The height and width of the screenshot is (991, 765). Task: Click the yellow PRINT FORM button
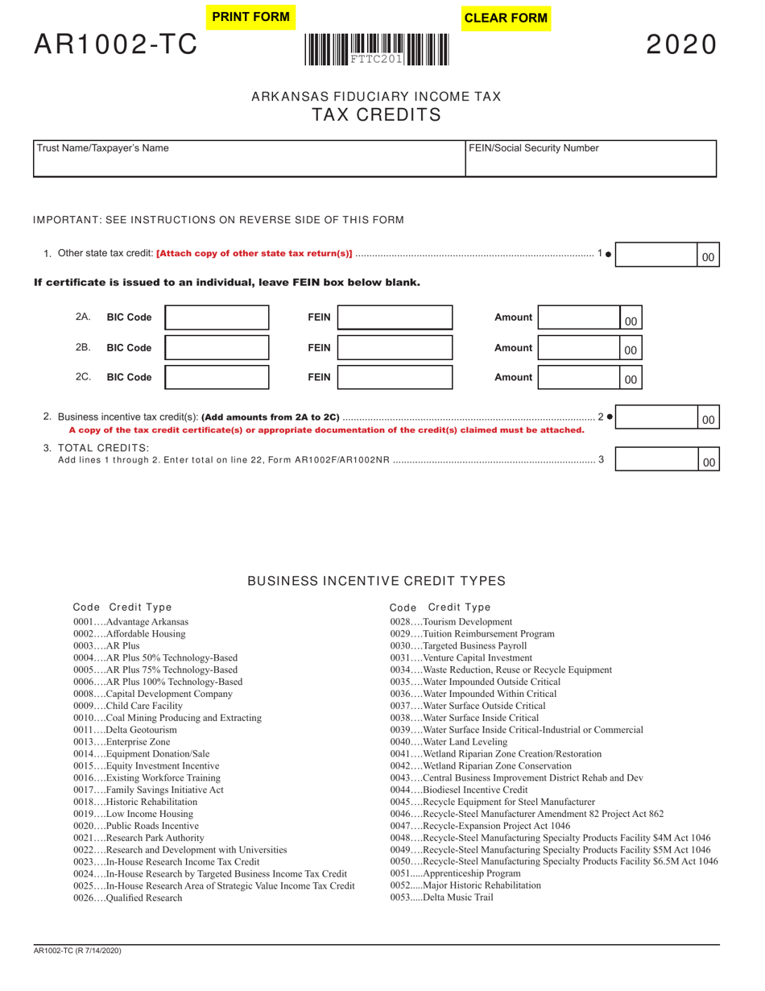click(x=250, y=17)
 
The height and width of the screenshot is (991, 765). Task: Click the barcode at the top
click(x=377, y=49)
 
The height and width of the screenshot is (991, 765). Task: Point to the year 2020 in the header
click(x=680, y=45)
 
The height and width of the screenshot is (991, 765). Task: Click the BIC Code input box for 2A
click(x=217, y=317)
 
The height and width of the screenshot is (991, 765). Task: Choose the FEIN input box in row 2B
click(x=395, y=347)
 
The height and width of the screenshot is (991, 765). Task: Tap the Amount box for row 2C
click(x=579, y=377)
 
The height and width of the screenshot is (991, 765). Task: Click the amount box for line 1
click(x=655, y=255)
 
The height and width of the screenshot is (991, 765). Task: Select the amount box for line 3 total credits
click(x=655, y=459)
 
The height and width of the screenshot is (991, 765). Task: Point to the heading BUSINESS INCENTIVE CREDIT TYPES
click(x=376, y=581)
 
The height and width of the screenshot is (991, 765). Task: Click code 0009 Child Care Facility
click(x=128, y=706)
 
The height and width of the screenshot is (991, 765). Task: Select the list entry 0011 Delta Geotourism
click(x=125, y=730)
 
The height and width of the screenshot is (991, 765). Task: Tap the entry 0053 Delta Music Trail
click(x=441, y=897)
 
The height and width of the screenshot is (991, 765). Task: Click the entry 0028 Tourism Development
click(x=451, y=622)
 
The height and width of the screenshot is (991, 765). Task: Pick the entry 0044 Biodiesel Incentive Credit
click(x=459, y=790)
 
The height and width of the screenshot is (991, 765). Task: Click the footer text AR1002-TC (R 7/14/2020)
click(x=78, y=952)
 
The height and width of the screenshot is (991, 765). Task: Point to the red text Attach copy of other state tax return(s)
click(x=254, y=254)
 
